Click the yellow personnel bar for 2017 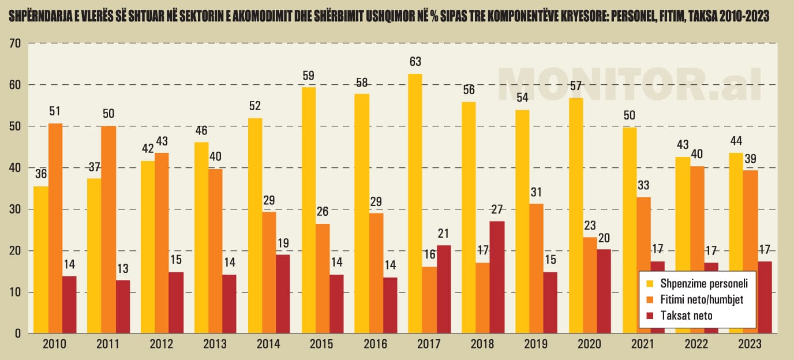(x=415, y=204)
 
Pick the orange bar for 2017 (x=430, y=300)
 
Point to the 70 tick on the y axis (x=15, y=43)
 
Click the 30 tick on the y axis (x=15, y=209)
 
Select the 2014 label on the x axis (x=268, y=344)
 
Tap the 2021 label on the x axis (x=643, y=344)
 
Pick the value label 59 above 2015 (x=308, y=76)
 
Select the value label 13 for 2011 (x=123, y=268)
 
